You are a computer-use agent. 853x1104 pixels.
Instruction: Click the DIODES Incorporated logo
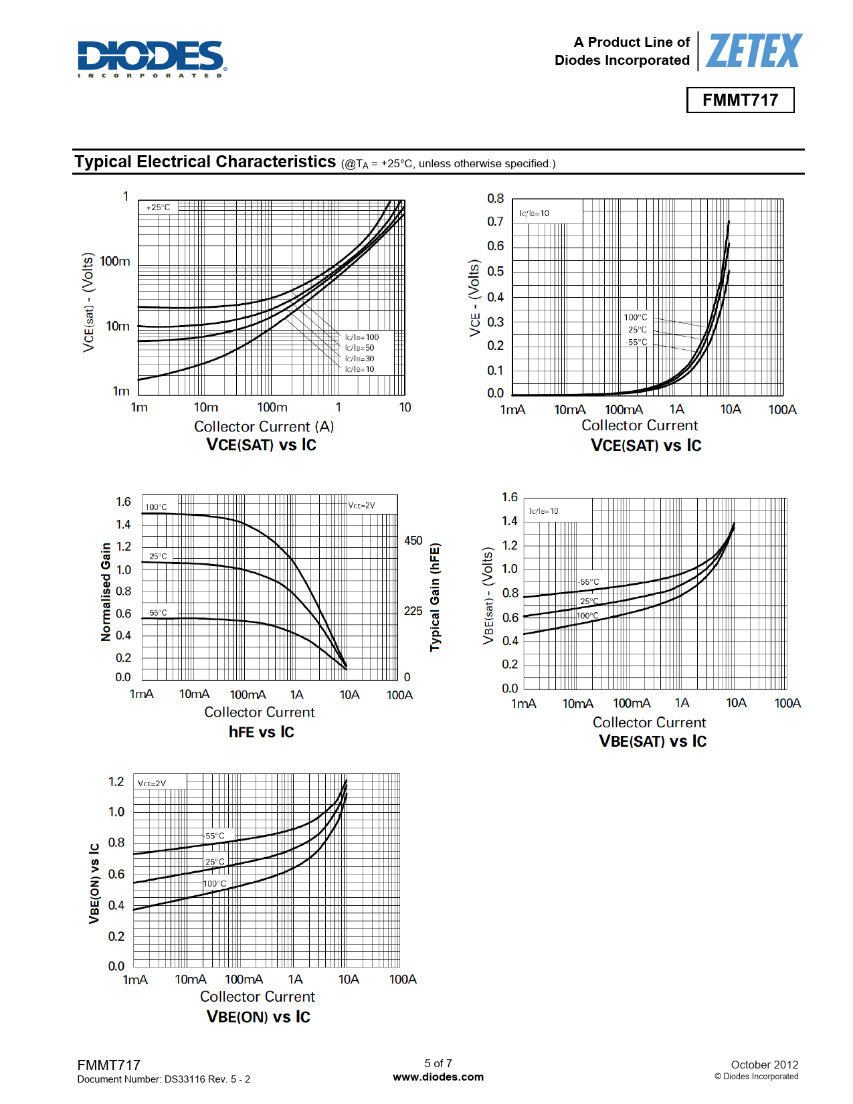(152, 58)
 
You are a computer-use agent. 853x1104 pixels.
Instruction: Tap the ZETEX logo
(753, 51)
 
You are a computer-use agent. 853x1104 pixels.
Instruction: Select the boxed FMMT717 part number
(740, 100)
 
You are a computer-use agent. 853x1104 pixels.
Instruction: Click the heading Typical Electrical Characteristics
(205, 162)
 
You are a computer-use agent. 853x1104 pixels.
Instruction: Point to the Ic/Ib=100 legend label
(362, 337)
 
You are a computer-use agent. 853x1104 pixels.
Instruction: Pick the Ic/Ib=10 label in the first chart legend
(360, 369)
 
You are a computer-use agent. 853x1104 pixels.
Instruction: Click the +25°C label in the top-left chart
(158, 207)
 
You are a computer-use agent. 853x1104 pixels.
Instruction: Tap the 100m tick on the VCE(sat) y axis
(115, 262)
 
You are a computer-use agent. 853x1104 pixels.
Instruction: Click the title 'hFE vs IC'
(261, 732)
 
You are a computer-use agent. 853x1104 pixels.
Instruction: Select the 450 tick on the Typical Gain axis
(413, 541)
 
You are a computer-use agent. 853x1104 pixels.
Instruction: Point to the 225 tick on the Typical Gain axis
(413, 611)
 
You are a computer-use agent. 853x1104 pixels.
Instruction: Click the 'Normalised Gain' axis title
(106, 592)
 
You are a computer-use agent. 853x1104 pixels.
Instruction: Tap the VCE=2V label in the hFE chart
(361, 505)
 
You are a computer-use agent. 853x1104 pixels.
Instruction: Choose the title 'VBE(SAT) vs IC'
(652, 741)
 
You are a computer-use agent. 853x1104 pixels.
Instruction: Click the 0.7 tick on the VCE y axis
(495, 221)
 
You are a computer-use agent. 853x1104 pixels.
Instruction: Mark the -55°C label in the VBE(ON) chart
(214, 836)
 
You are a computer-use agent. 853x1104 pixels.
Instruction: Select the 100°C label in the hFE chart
(157, 507)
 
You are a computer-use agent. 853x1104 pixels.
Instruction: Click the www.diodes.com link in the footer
(438, 1077)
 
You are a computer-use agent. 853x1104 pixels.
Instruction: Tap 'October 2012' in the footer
(764, 1065)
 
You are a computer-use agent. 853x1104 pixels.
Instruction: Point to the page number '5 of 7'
(438, 1063)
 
